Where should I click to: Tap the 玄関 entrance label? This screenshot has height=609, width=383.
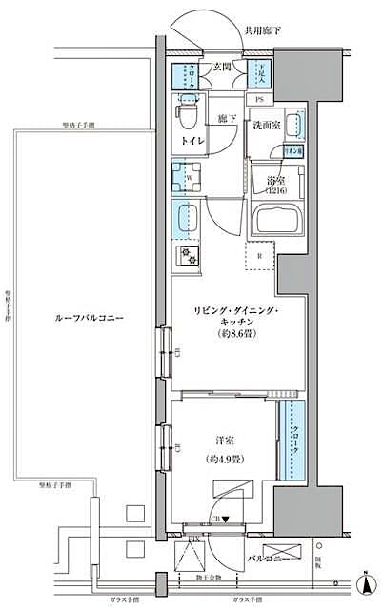[222, 66]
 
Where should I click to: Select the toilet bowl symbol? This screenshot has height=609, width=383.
[187, 119]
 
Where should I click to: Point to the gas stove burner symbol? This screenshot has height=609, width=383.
[186, 256]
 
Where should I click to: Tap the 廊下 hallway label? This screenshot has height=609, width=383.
[226, 119]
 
